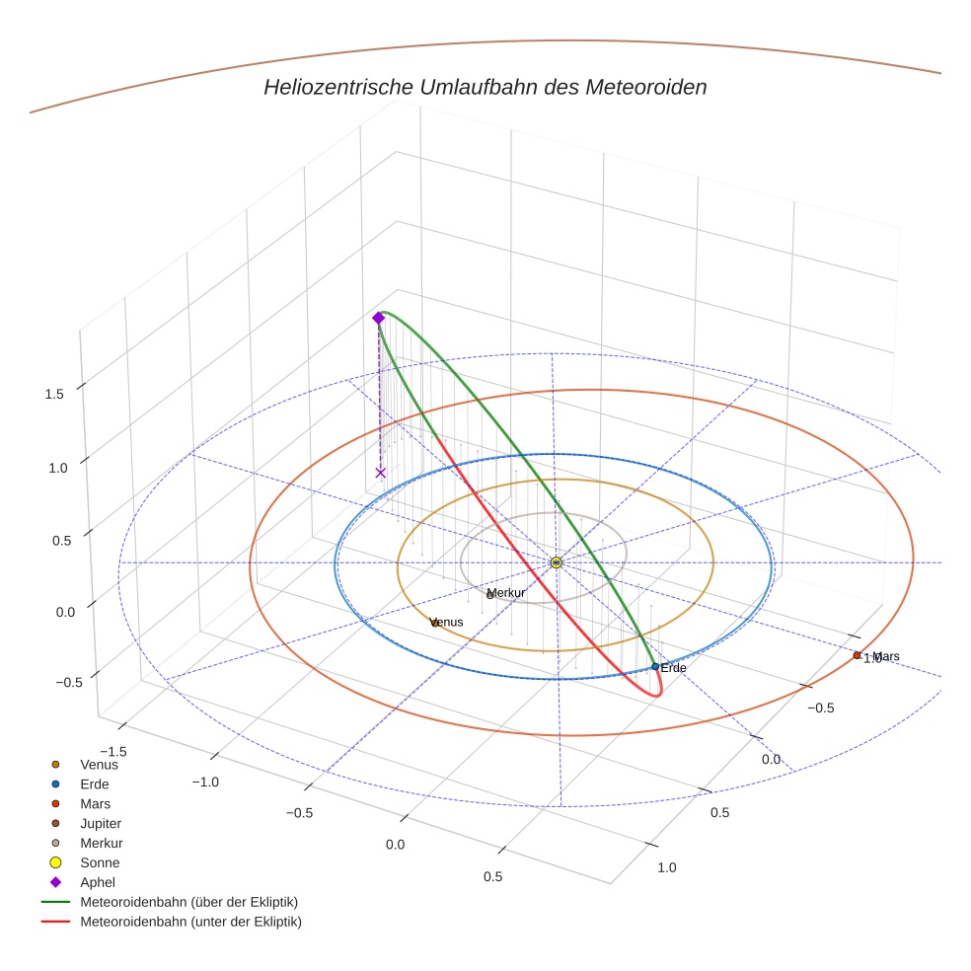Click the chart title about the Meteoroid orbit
(x=485, y=87)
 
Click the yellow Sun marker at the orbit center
(x=557, y=562)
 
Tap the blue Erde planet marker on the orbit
(x=655, y=667)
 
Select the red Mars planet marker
(x=857, y=655)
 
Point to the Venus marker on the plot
(x=435, y=623)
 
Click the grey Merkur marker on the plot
(x=490, y=595)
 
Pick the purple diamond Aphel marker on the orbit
(x=378, y=318)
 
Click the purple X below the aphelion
(x=381, y=473)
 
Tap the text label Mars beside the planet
(x=886, y=656)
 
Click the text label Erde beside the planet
(x=673, y=668)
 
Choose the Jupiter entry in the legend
(x=101, y=823)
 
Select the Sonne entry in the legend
(x=100, y=862)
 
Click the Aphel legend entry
(x=99, y=882)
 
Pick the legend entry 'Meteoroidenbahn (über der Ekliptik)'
(x=188, y=902)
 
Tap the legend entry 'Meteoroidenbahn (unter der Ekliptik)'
(x=190, y=922)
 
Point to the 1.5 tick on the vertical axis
(x=54, y=394)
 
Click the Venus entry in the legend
(x=99, y=764)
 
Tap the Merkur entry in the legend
(x=102, y=843)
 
